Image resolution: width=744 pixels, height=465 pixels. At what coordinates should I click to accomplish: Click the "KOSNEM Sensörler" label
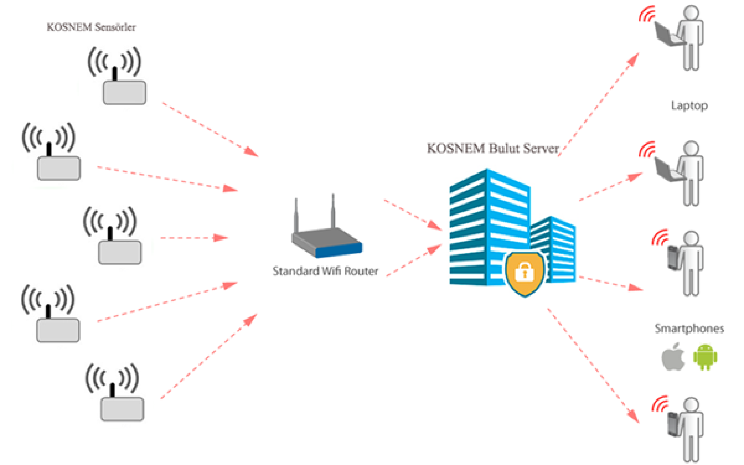coord(91,27)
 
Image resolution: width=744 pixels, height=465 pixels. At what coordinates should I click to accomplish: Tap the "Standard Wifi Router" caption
coord(325,271)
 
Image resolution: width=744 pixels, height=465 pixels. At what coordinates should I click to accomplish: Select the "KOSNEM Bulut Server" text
coord(493,148)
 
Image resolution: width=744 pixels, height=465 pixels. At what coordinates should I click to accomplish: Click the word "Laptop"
coord(689,106)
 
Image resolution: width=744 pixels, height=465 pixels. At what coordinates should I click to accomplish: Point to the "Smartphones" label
coord(689,328)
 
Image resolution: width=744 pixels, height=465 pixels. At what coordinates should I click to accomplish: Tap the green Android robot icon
coord(705,357)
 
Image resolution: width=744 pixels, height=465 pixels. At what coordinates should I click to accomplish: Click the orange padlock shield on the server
coord(525,273)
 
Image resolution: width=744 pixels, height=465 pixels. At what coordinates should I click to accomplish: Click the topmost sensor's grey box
coord(124,93)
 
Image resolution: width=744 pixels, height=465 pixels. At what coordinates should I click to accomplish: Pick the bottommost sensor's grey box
coord(122,409)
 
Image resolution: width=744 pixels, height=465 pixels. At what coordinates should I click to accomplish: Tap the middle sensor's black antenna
coord(110,234)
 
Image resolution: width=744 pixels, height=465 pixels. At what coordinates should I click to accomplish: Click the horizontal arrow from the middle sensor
coord(193,238)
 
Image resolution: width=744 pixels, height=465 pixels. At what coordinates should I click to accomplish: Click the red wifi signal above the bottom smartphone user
coord(660,404)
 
